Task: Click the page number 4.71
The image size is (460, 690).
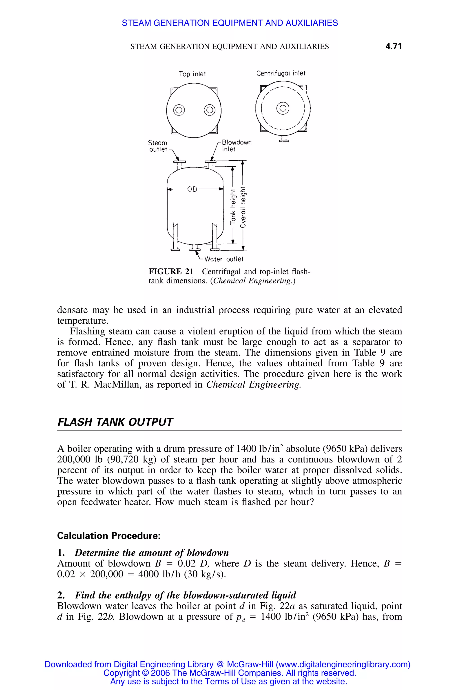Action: pos(394,46)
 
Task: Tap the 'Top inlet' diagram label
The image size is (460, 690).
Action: pos(192,74)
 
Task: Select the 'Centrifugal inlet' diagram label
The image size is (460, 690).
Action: pos(281,73)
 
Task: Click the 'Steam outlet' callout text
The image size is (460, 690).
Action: pos(158,146)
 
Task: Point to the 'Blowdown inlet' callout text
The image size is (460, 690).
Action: pos(236,146)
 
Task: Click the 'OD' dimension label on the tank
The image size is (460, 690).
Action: pos(192,189)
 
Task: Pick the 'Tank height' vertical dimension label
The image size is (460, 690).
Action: pos(233,207)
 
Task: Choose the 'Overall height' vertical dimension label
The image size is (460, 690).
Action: pos(243,207)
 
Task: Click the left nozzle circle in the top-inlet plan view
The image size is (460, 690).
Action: pos(179,111)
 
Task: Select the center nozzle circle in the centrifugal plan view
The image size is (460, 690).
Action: pos(283,108)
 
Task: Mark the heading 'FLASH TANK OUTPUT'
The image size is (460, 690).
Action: pos(115,422)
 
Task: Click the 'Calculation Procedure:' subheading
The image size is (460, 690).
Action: pos(108,536)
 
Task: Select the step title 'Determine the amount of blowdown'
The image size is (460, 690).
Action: pos(152,553)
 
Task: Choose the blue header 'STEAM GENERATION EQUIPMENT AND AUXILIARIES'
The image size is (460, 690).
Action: pos(230,23)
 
